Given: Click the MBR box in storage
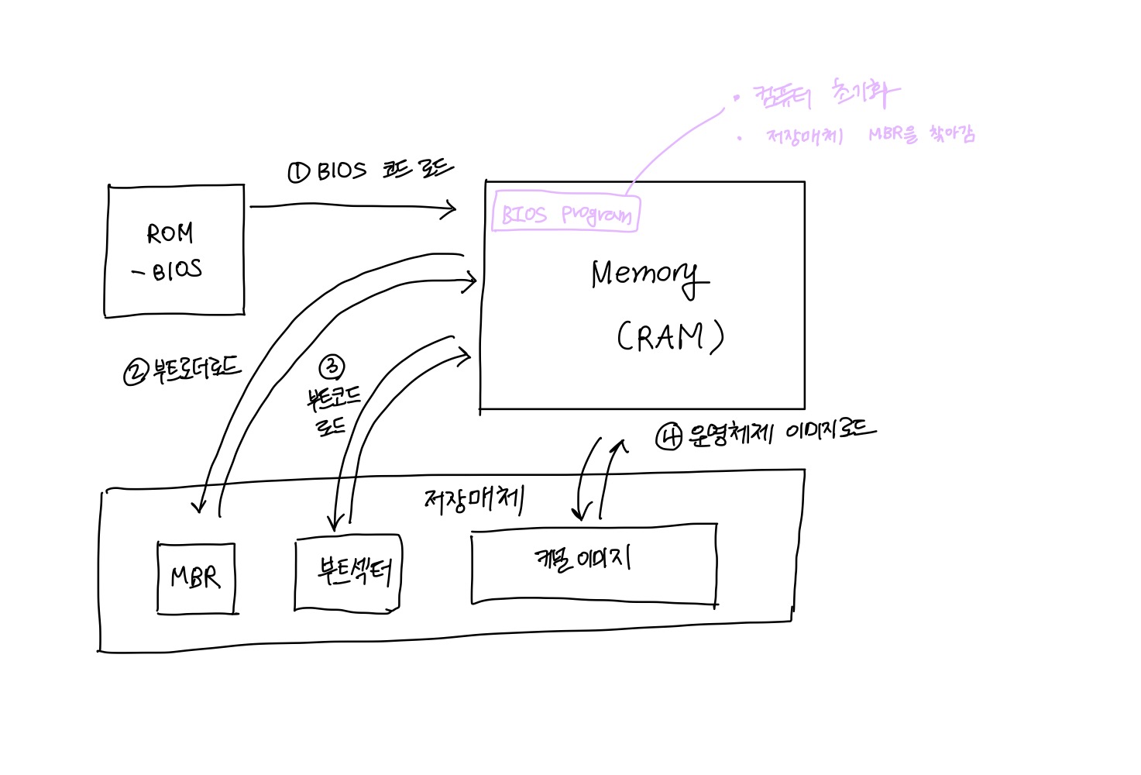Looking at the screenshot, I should [196, 578].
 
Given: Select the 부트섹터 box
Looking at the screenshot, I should [349, 572].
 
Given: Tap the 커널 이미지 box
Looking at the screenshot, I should [594, 563].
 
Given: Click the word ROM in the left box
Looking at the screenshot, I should [170, 232].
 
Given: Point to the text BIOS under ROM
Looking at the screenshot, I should [177, 270].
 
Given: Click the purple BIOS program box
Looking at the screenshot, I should [565, 212].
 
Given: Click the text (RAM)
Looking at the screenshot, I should [670, 336].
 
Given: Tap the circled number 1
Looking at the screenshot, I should [298, 171].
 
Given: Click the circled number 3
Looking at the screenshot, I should [332, 367].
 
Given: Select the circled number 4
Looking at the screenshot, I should [669, 437].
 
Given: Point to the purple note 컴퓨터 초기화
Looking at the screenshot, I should [826, 95].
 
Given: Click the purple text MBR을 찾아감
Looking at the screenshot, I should [921, 134].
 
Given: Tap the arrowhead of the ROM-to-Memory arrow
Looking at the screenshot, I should [452, 208].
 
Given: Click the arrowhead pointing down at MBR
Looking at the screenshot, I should [199, 508].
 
